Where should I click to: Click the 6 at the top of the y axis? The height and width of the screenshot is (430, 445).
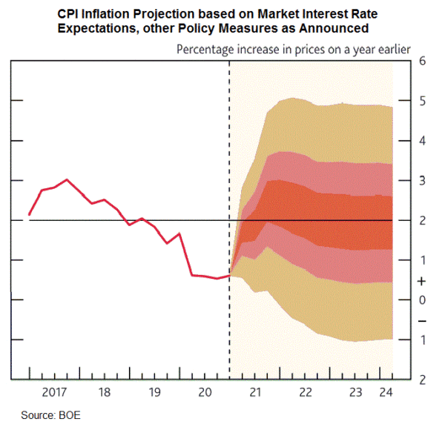point(421,61)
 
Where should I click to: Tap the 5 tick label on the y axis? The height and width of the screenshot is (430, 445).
point(421,101)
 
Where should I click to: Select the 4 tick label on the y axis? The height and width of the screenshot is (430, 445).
point(421,141)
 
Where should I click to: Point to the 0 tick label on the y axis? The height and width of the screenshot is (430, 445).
point(421,300)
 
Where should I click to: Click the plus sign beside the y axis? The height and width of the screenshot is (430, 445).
point(421,281)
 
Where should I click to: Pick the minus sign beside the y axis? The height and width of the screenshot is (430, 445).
point(421,321)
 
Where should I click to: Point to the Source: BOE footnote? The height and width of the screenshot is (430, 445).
point(50,415)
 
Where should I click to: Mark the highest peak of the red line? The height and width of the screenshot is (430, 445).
point(67,179)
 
